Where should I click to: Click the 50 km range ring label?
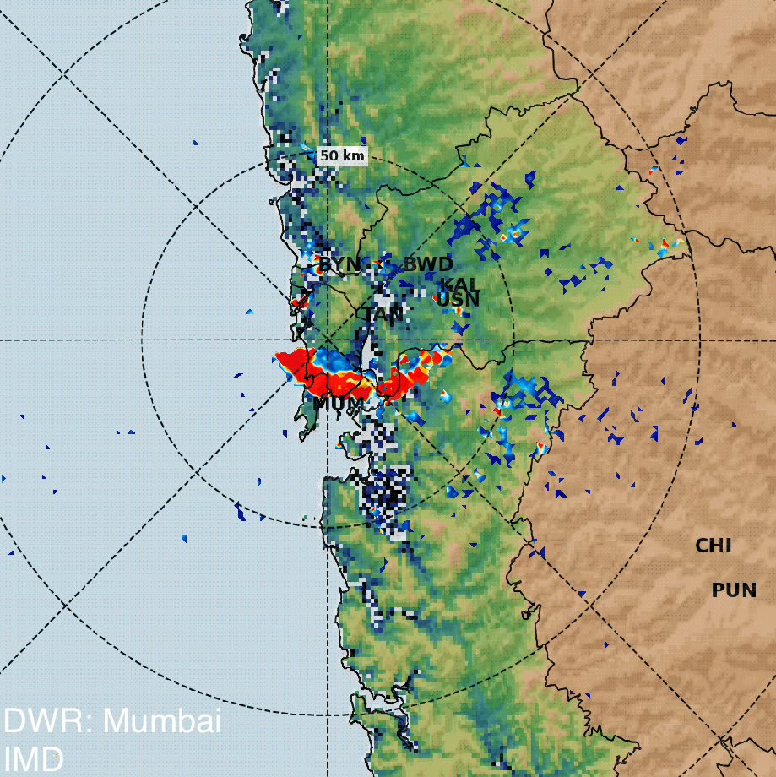(x=342, y=156)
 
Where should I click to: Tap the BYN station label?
(x=339, y=265)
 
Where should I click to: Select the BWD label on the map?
(x=428, y=264)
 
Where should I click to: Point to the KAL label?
(x=460, y=285)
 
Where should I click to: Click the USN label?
(x=459, y=300)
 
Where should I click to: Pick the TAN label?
(x=384, y=314)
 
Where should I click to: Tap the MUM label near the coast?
(x=337, y=404)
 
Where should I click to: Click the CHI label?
(x=713, y=546)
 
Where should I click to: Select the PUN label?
(x=734, y=590)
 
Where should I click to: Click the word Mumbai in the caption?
(x=161, y=721)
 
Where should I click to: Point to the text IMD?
(x=34, y=758)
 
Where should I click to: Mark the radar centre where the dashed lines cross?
(x=327, y=341)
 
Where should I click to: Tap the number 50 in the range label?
(x=330, y=156)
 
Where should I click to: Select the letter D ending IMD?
(x=52, y=758)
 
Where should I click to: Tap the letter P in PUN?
(x=719, y=590)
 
